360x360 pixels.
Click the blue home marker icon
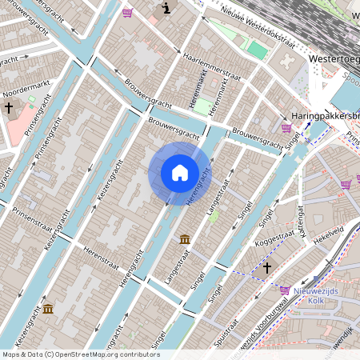click(180, 173)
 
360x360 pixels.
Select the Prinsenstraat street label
click(36, 222)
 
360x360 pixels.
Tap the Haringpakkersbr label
click(326, 116)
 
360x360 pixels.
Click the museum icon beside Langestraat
click(185, 239)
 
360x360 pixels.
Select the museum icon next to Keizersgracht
click(48, 309)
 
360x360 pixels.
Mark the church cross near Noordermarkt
click(9, 107)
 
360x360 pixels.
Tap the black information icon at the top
click(166, 9)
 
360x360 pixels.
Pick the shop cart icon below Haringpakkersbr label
click(286, 127)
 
